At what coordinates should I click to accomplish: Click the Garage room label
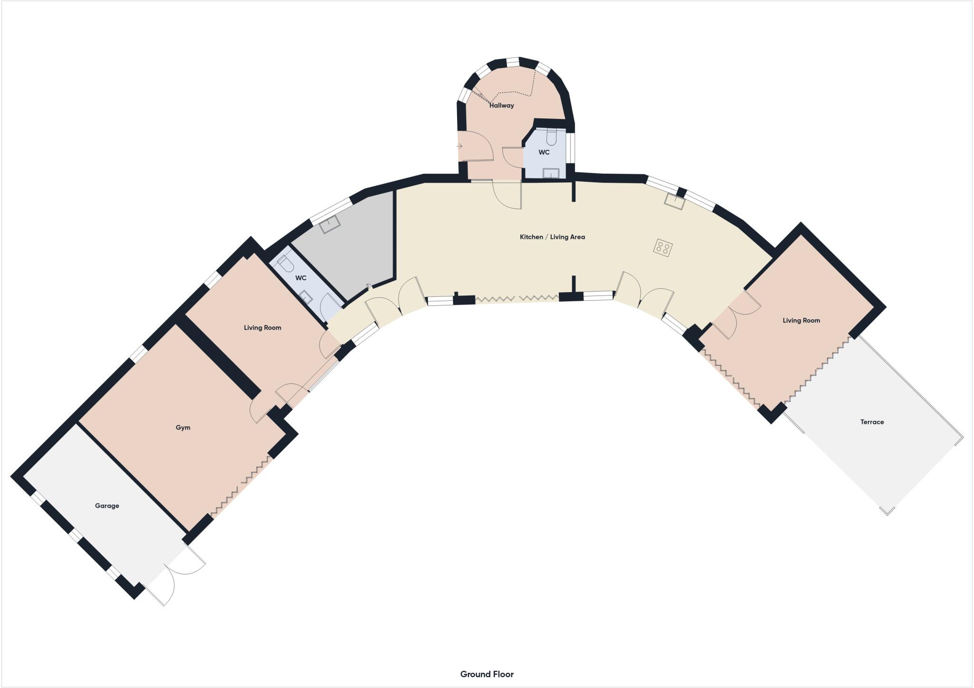(x=107, y=506)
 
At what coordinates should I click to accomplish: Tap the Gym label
(x=183, y=427)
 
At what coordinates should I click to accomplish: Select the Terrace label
(x=872, y=422)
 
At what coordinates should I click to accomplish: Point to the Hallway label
(x=502, y=106)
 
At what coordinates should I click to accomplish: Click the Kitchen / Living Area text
(x=552, y=236)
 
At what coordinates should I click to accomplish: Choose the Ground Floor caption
(x=487, y=674)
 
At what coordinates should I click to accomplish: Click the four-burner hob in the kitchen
(x=663, y=247)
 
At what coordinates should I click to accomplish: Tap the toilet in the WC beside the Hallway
(x=551, y=137)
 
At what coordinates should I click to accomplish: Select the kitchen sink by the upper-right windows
(x=674, y=202)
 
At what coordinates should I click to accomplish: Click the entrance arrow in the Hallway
(x=459, y=146)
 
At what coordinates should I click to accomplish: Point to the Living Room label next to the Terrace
(x=801, y=320)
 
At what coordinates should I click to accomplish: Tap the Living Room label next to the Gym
(x=263, y=327)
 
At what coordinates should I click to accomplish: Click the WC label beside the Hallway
(x=544, y=152)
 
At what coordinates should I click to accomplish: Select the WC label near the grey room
(x=301, y=278)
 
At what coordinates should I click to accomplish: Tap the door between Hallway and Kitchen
(x=507, y=194)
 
